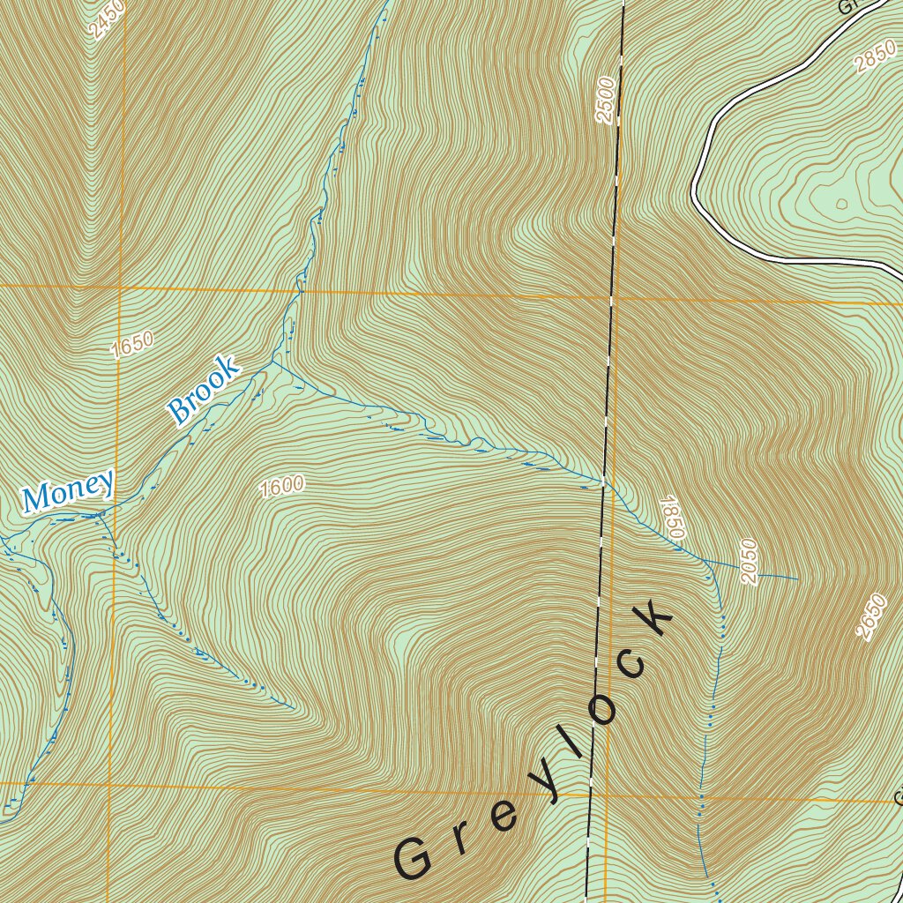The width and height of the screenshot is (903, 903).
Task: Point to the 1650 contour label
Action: click(132, 345)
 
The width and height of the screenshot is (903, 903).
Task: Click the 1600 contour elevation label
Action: click(282, 486)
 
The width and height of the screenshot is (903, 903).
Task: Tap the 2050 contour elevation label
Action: click(749, 561)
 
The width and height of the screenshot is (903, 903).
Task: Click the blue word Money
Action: click(69, 490)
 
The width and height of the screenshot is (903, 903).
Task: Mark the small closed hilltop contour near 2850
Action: click(840, 204)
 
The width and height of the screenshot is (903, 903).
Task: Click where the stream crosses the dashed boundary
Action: click(603, 481)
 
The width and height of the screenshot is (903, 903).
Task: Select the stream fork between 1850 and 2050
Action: click(705, 560)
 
